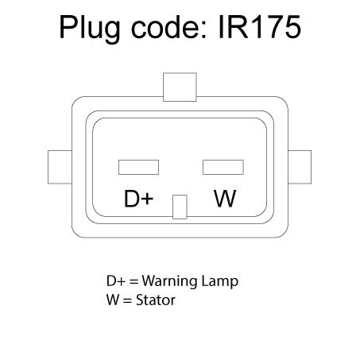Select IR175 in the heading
coord(260,27)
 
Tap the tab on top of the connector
coord(180,87)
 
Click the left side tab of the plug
coord(60,167)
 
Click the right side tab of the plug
coord(300,167)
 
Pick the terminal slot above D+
coord(138,167)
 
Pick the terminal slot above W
coord(223,167)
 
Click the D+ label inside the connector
coord(138,199)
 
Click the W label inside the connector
coord(225,199)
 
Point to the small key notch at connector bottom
coord(180,207)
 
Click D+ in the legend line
coord(115,281)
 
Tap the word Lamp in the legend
coord(220,282)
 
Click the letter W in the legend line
coord(113,300)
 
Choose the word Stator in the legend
coord(156,300)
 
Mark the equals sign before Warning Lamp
coord(134,281)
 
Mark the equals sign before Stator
coord(127,300)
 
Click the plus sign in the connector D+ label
coord(147,199)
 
